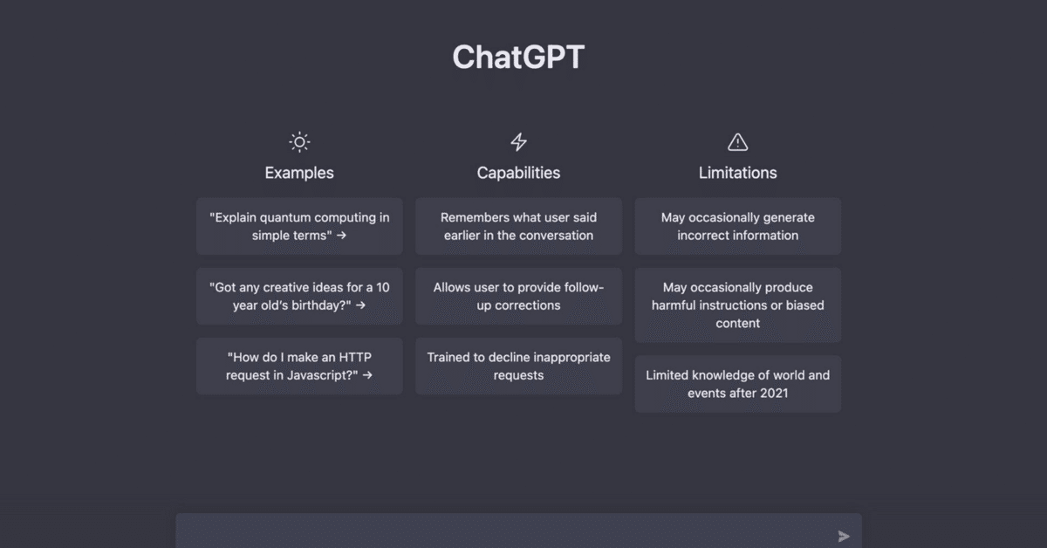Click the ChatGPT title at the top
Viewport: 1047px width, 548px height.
[518, 58]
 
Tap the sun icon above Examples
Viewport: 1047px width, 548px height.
[299, 142]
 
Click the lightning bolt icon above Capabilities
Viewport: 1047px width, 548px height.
[518, 142]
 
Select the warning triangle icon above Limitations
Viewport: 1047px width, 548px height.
[737, 142]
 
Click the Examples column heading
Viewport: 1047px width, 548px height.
[299, 173]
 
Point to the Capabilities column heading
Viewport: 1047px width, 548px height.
[518, 173]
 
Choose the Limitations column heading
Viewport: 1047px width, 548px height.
[737, 173]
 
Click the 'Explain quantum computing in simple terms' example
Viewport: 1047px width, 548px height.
[299, 226]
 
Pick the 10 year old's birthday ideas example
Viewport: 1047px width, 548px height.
[299, 296]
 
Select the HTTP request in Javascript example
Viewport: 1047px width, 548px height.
[299, 366]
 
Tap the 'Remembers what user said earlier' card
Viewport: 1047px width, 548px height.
[518, 226]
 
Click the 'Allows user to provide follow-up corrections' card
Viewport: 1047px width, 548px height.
[518, 296]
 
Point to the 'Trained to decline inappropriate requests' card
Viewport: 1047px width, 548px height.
[518, 366]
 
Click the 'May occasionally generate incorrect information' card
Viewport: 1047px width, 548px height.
[737, 226]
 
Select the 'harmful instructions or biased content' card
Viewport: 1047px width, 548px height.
[737, 305]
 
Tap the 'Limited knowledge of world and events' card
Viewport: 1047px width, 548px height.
[737, 384]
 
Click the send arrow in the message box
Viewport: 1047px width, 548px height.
[843, 537]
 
